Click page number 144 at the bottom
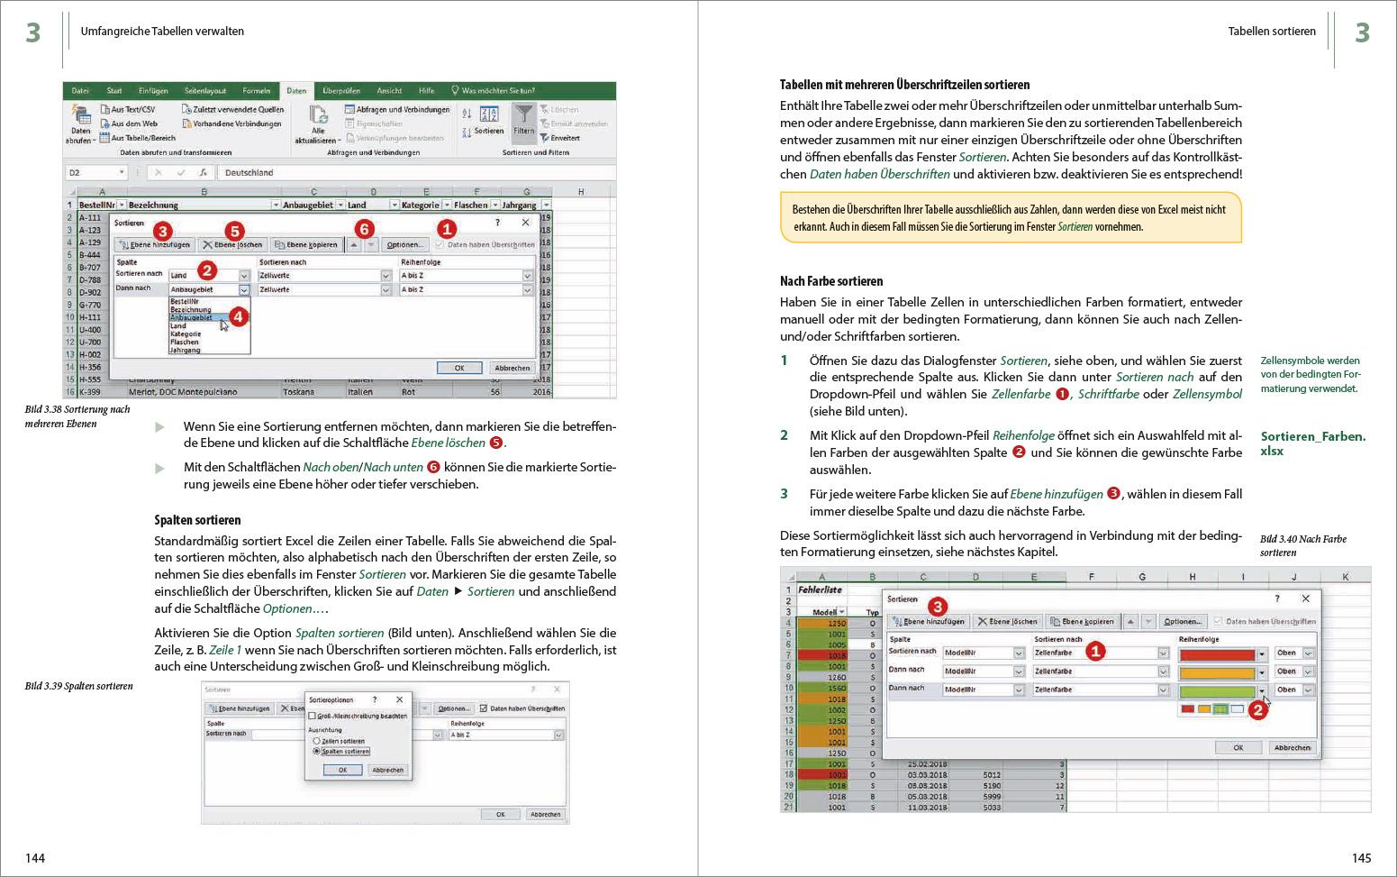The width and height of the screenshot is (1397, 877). coord(35,858)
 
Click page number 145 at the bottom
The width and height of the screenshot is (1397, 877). coord(1361,858)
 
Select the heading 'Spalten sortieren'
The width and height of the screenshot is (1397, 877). coord(197,520)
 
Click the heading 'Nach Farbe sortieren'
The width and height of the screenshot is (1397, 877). coord(831,281)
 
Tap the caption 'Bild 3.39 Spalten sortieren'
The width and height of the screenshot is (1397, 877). coord(78,686)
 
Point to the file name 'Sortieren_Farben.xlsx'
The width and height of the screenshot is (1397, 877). coord(1312,443)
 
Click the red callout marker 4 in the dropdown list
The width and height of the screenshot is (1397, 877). coord(238,316)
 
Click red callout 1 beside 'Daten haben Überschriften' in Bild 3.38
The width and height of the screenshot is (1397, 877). coord(447,230)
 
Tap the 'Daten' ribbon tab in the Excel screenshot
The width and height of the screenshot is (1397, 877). coord(296,91)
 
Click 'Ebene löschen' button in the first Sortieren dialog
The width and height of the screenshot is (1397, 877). coord(232,245)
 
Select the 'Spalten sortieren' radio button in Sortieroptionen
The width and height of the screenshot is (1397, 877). coord(317,751)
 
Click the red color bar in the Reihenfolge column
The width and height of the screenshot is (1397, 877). coord(1216,653)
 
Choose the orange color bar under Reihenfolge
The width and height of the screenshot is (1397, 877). coord(1216,672)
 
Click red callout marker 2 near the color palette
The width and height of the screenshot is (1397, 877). coord(1258,710)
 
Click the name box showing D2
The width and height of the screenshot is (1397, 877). coord(95,172)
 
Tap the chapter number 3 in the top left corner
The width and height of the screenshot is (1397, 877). coord(33,33)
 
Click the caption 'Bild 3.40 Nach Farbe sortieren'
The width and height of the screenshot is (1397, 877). coord(1302,545)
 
